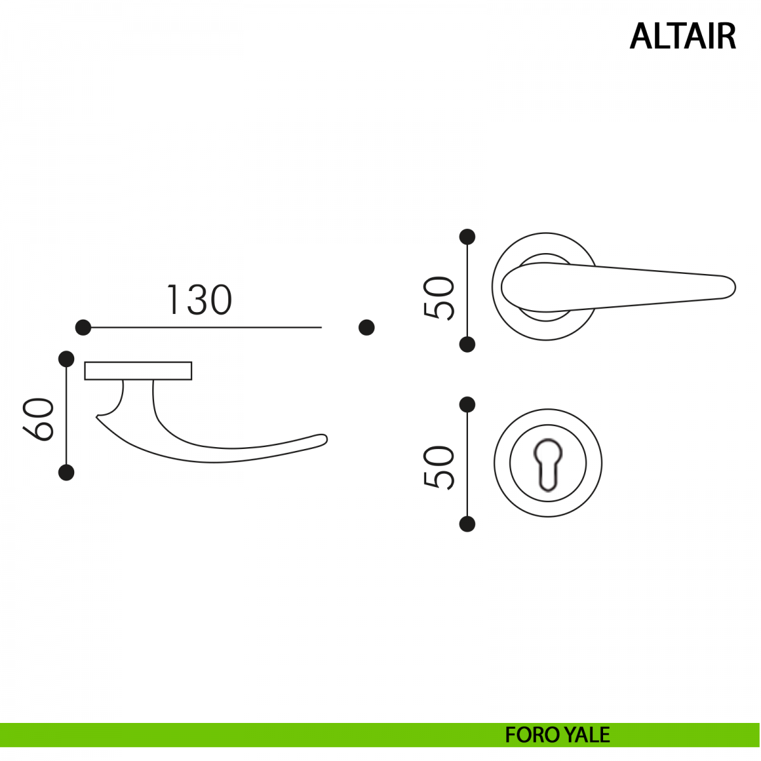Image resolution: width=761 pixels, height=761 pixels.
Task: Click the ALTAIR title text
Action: pos(682,36)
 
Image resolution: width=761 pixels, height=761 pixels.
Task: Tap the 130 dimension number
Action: pos(199,300)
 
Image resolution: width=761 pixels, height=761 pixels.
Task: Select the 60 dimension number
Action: pos(38,419)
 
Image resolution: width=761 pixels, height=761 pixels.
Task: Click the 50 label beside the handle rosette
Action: pos(439,297)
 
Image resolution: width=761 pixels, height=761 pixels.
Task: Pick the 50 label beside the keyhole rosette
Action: pos(439,467)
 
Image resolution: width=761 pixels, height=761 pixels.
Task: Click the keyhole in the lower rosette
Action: pos(548,464)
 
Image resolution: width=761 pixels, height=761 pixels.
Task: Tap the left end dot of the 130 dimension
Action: pos(83,327)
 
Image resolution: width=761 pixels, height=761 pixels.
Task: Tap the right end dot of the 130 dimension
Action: pos(367,327)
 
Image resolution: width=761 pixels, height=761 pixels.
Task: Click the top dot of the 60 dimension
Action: pos(67,359)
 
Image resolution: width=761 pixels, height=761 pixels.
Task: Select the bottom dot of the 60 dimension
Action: pos(67,472)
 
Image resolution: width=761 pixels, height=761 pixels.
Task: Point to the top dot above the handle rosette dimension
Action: pos(467,237)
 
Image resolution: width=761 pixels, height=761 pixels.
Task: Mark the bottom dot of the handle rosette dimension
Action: pos(467,344)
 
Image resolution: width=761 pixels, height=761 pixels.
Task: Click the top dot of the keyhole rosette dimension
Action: pos(467,405)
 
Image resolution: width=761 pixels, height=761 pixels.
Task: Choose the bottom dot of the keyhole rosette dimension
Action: pos(467,524)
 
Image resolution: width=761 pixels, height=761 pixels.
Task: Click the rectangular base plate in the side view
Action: pos(138,371)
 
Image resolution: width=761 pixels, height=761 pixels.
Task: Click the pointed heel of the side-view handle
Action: pos(97,417)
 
